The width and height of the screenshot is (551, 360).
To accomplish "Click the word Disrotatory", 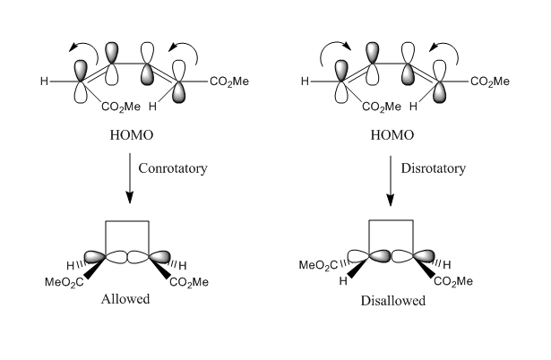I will click(x=436, y=167).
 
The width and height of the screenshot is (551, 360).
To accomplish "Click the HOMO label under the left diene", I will click(x=125, y=135).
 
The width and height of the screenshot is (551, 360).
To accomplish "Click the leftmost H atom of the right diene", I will click(x=305, y=82).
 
